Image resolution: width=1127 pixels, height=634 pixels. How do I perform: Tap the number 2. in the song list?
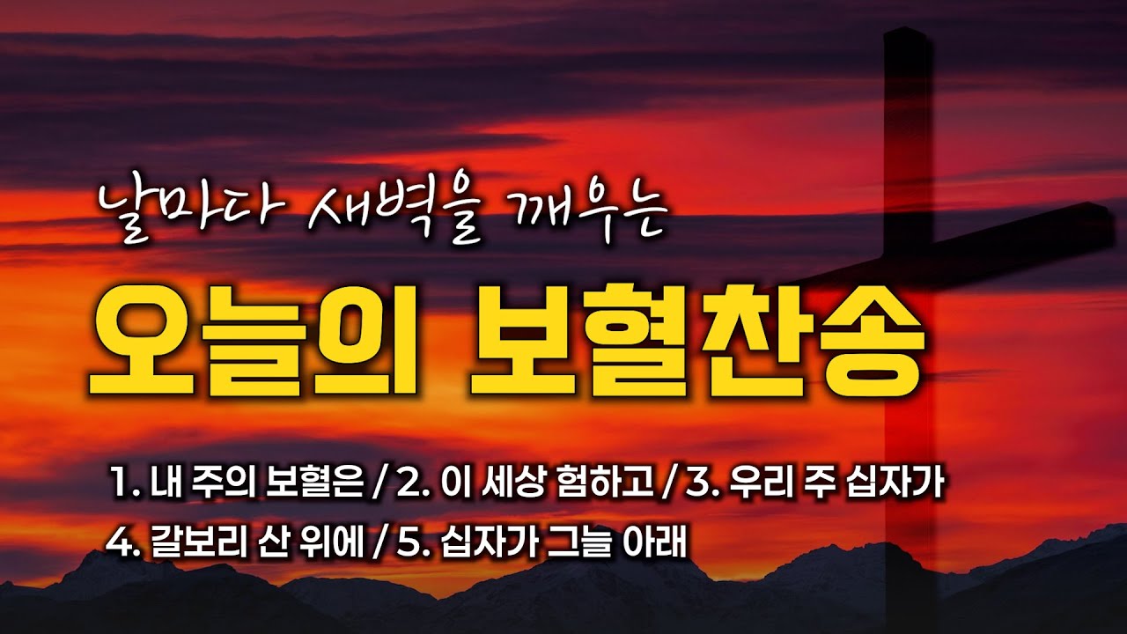(409, 485)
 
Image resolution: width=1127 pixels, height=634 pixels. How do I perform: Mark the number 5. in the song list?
(410, 538)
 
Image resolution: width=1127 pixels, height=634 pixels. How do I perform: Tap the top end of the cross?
(908, 35)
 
